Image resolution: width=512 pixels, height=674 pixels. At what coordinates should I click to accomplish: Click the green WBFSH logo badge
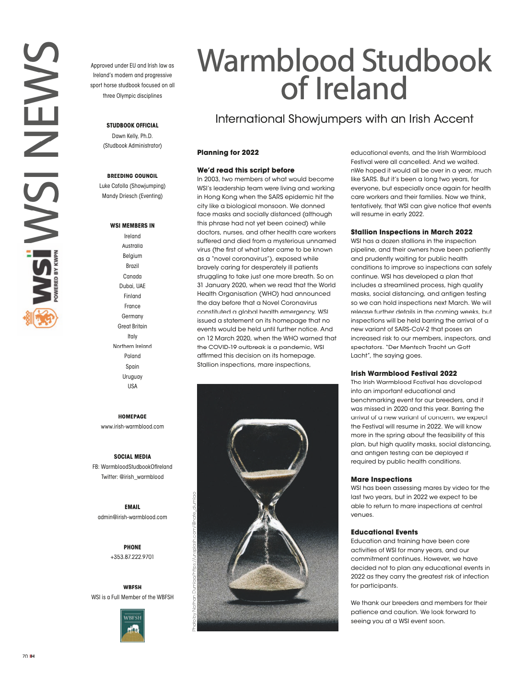tap(132, 625)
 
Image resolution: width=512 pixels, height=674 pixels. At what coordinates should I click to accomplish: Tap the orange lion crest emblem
tap(40, 318)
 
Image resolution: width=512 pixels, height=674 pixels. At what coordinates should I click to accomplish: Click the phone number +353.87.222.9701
tap(132, 557)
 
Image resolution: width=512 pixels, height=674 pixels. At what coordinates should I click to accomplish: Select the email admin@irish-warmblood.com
tap(132, 517)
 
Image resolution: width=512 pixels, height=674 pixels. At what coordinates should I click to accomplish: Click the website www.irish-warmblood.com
tap(132, 427)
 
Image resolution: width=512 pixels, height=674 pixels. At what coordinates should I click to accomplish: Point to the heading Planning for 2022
tap(228, 152)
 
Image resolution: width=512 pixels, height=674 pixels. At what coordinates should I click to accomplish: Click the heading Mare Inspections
tap(381, 479)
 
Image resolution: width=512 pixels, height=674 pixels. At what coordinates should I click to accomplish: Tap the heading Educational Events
tap(384, 532)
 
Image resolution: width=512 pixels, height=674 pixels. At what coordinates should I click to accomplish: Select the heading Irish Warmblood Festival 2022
tap(404, 373)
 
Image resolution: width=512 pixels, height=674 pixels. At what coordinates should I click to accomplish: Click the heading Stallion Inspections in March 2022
tap(411, 232)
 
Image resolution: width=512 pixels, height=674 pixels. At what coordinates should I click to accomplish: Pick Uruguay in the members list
tap(132, 377)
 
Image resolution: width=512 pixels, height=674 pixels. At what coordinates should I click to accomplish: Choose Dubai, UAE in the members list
tap(132, 286)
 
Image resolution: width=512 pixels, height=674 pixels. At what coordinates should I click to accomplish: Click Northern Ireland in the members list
tap(132, 346)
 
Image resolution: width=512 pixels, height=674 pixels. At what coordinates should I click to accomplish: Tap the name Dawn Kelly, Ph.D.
tap(132, 136)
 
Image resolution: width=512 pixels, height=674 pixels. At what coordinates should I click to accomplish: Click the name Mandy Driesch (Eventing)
tap(132, 196)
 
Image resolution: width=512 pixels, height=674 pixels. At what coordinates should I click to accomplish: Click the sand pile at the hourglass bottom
tap(268, 577)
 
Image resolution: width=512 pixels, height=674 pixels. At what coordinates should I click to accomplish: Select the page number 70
tap(25, 656)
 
